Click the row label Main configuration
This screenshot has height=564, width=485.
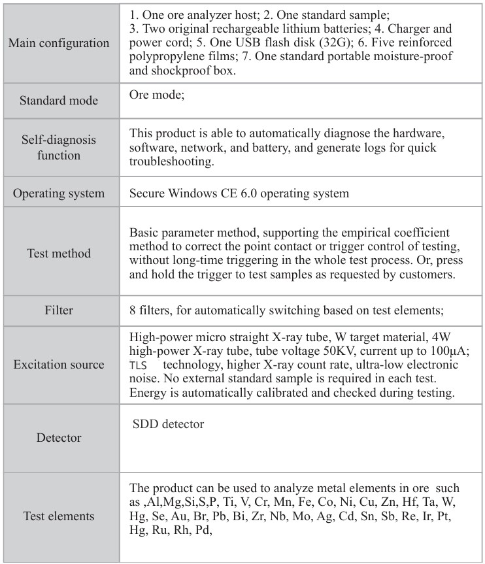59,43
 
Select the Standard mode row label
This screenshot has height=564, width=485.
59,101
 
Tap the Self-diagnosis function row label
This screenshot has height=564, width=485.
59,148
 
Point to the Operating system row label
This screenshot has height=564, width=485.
59,193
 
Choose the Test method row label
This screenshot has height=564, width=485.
59,253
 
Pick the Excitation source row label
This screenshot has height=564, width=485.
59,364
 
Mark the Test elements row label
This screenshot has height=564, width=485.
59,516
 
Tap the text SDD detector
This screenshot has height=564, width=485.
169,424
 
